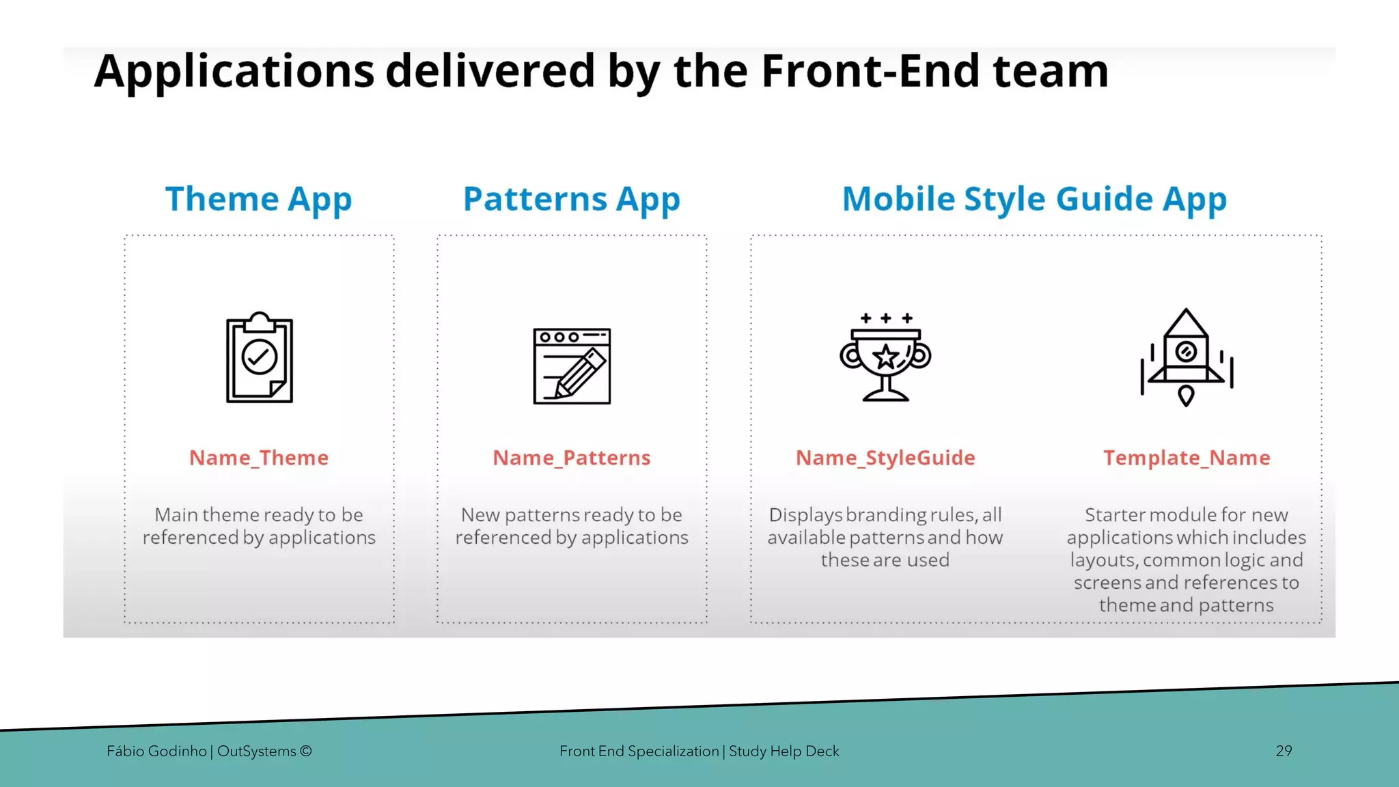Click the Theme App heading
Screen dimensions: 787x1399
[x=258, y=199]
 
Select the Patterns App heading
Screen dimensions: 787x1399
[x=572, y=199]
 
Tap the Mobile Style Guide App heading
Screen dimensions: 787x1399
[x=1034, y=199]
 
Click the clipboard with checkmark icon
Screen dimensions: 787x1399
[x=260, y=358]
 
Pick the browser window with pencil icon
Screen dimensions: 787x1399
[x=572, y=366]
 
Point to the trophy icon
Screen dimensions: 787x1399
[x=885, y=358]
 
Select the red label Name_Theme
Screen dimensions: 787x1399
[x=259, y=458]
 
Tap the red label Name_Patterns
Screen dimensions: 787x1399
[x=572, y=458]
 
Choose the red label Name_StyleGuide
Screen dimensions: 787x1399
[x=885, y=458]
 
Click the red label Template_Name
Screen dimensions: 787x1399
[x=1187, y=458]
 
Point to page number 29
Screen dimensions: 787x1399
[x=1284, y=751]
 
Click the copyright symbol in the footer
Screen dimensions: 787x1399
[x=305, y=751]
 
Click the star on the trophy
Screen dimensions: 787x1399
[x=886, y=356]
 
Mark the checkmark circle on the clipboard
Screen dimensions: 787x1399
[x=260, y=356]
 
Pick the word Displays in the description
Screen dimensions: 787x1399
[x=805, y=514]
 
